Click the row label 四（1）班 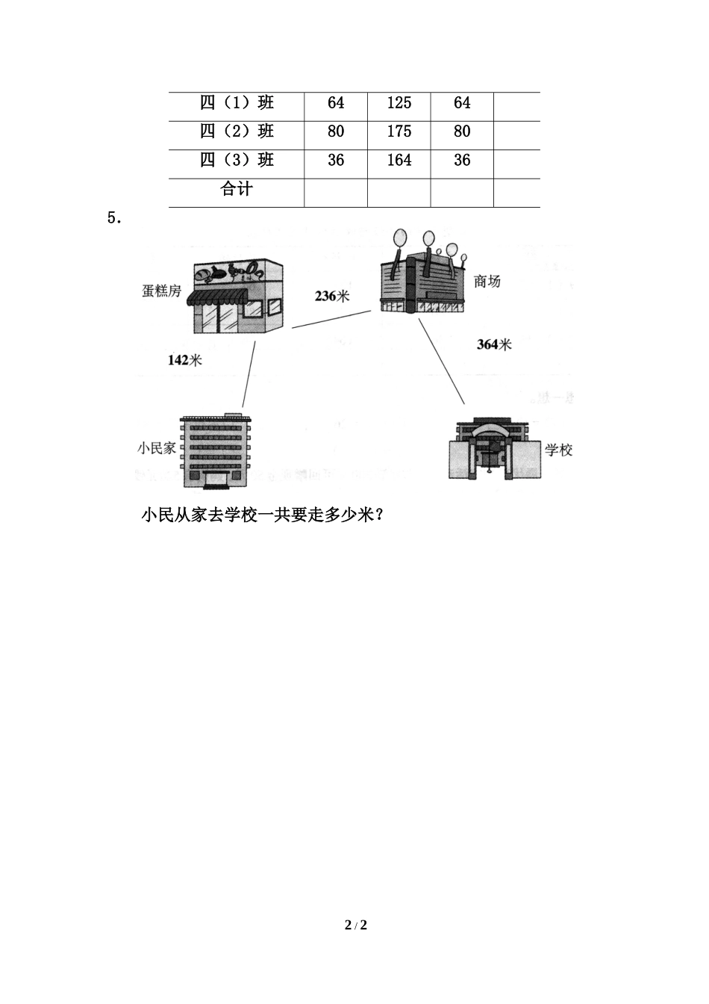(237, 103)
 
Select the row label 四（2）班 (237, 131)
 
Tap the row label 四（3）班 (237, 160)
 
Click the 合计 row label (237, 189)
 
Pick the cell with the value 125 (399, 103)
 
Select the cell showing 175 (399, 131)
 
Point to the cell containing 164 (399, 160)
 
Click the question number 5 (113, 218)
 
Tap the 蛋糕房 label (161, 291)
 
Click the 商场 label (487, 282)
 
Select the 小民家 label (156, 448)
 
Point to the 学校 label (558, 450)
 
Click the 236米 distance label (331, 296)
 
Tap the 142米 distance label (184, 360)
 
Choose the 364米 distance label (494, 344)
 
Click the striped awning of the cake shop (217, 298)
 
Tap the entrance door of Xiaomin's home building (218, 478)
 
